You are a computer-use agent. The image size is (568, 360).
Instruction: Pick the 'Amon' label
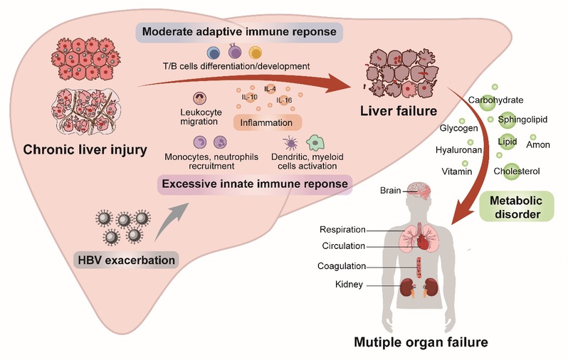538,145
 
